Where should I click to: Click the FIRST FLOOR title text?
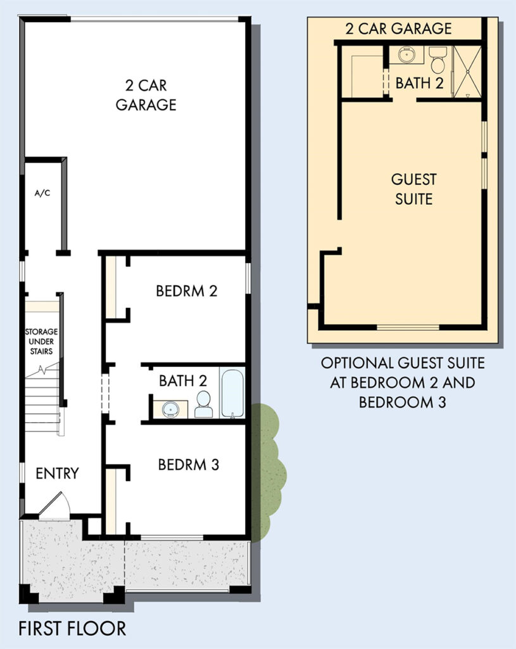click(72, 628)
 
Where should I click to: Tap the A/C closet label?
click(42, 193)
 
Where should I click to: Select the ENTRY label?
click(57, 473)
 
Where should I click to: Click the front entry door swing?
click(55, 504)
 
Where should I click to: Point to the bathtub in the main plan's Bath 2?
click(232, 393)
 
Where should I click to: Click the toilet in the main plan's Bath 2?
click(203, 404)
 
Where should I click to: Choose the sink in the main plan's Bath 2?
click(170, 409)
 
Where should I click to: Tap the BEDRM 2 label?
click(187, 291)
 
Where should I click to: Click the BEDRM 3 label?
click(189, 465)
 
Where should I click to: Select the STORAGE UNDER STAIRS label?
click(41, 342)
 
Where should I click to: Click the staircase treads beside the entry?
click(42, 399)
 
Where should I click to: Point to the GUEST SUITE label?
click(413, 189)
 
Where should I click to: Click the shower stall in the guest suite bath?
click(467, 72)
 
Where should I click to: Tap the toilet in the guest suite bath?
click(437, 59)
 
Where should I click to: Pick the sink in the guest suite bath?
click(407, 55)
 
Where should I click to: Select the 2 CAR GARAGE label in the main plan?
click(146, 95)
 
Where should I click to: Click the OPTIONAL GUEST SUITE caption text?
click(403, 383)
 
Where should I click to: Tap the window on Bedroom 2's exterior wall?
click(248, 278)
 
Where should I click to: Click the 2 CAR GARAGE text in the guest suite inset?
click(399, 29)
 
